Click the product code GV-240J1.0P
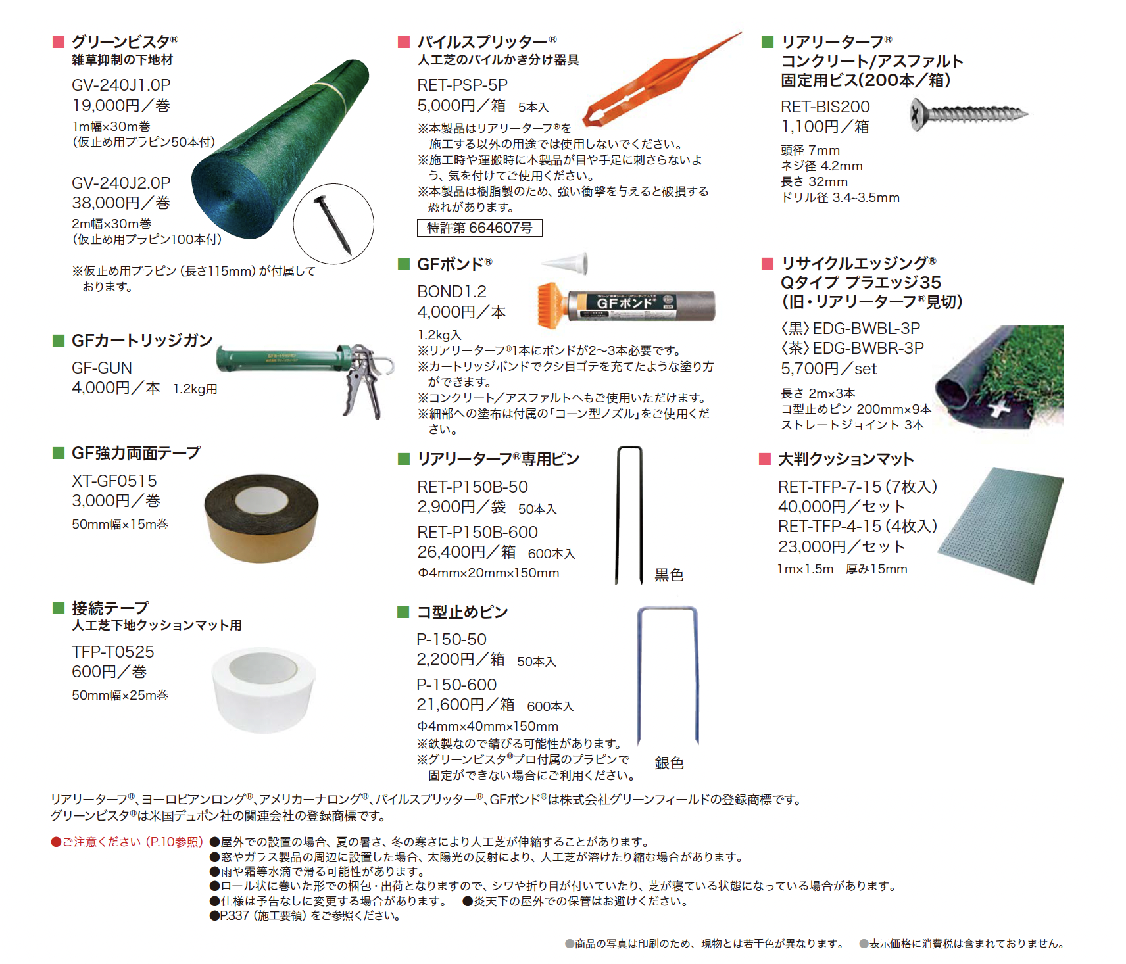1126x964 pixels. point(121,85)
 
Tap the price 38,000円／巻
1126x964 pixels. point(121,203)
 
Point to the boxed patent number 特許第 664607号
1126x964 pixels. point(479,228)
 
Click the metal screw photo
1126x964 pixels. point(969,113)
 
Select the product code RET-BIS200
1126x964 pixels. point(825,107)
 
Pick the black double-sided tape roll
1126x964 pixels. point(261,517)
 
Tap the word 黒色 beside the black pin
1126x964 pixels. point(669,575)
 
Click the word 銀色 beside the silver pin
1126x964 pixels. point(669,763)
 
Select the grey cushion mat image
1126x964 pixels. point(1000,525)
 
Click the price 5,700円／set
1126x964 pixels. point(829,369)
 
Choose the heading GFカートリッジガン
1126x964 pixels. point(142,341)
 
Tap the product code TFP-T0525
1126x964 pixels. point(113,652)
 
